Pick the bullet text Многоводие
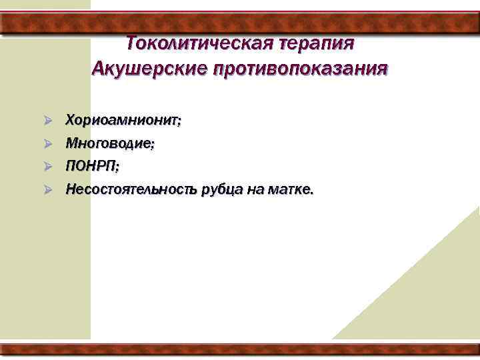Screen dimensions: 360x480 click(x=108, y=143)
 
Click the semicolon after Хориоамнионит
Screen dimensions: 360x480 click(x=178, y=123)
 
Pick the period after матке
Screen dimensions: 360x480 click(x=310, y=193)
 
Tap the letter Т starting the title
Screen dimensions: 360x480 click(x=131, y=43)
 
